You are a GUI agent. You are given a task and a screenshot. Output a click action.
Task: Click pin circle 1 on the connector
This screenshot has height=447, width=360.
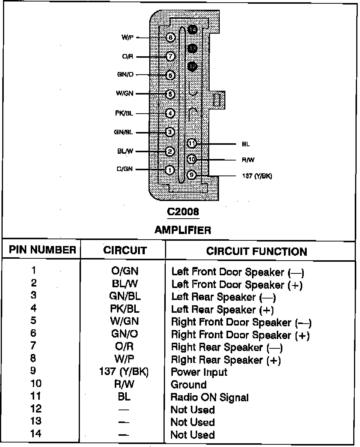pyautogui.click(x=170, y=170)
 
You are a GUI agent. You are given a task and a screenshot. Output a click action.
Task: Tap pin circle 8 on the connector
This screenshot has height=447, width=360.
pyautogui.click(x=170, y=37)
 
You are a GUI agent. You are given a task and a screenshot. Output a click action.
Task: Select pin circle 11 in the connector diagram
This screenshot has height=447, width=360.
pyautogui.click(x=192, y=143)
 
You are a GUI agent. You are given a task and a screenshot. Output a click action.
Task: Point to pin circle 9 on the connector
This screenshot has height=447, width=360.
pyautogui.click(x=191, y=175)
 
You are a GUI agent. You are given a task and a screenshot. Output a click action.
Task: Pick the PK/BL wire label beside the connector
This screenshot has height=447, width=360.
pyautogui.click(x=124, y=113)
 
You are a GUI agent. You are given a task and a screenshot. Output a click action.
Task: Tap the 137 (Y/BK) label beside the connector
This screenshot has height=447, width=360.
pyautogui.click(x=257, y=176)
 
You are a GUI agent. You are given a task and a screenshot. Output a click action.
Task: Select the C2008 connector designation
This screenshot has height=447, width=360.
pyautogui.click(x=183, y=212)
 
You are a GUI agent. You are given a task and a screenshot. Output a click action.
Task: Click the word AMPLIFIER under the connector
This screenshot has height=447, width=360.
pyautogui.click(x=183, y=230)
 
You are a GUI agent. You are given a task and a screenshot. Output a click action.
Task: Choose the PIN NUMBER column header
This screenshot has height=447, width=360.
pyautogui.click(x=42, y=250)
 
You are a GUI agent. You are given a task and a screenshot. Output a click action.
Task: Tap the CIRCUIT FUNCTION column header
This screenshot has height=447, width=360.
pyautogui.click(x=256, y=251)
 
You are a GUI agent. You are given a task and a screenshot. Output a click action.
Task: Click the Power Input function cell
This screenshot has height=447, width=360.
pyautogui.click(x=199, y=372)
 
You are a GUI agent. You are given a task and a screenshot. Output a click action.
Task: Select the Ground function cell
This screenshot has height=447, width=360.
pyautogui.click(x=188, y=385)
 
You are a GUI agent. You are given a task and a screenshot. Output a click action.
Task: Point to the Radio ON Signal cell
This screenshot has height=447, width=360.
pyautogui.click(x=209, y=397)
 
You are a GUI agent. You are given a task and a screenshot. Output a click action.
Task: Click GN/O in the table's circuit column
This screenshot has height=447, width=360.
pyautogui.click(x=124, y=334)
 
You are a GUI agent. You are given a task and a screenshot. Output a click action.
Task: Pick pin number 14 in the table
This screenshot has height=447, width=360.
pyautogui.click(x=36, y=434)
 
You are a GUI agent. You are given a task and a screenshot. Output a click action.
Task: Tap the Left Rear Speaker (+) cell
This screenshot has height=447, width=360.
pyautogui.click(x=222, y=310)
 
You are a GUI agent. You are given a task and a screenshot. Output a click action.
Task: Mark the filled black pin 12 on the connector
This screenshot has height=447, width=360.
pyautogui.click(x=192, y=66)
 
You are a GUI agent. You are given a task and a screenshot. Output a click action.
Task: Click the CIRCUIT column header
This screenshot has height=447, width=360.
pyautogui.click(x=125, y=250)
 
